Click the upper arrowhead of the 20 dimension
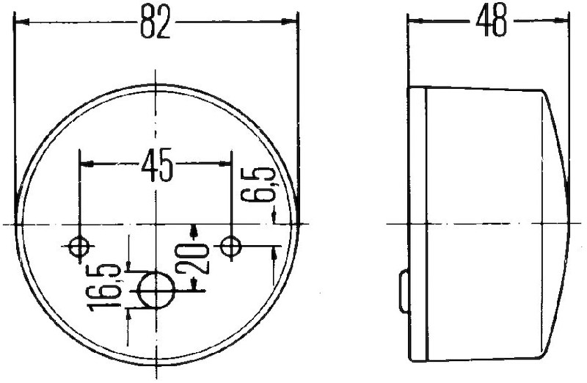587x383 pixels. pyautogui.click(x=193, y=230)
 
